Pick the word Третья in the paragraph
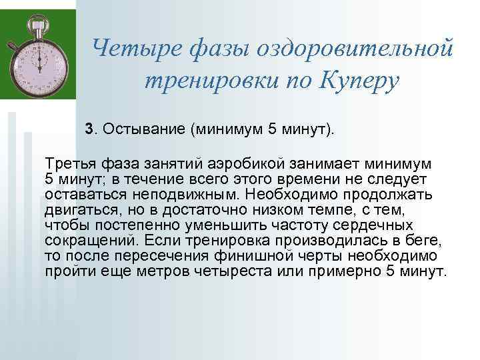pyautogui.click(x=69, y=163)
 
